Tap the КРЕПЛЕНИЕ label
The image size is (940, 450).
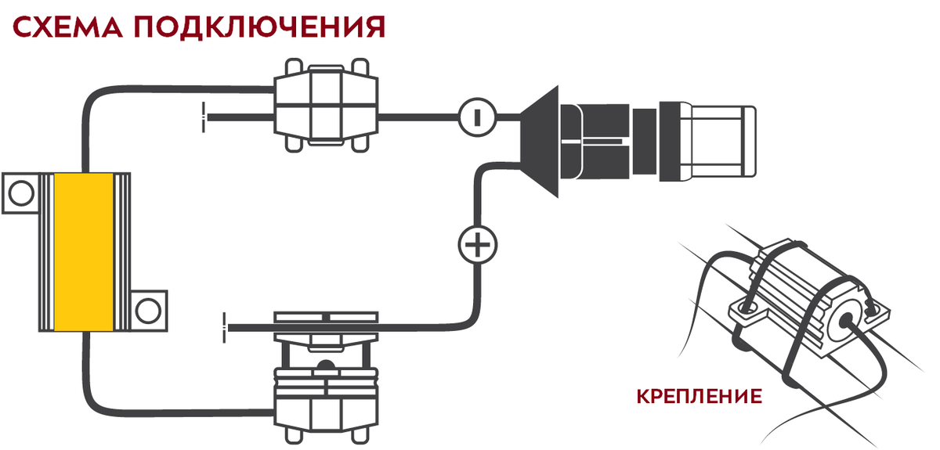(700, 395)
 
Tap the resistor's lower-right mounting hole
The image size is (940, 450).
(147, 311)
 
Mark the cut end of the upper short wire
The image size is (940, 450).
(205, 116)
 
